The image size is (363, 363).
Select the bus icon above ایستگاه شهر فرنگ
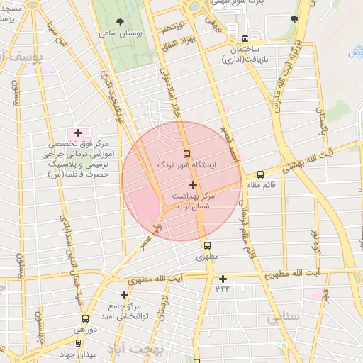click(187, 154)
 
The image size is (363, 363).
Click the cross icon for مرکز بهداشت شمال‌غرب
click(193, 185)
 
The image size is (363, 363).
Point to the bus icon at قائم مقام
click(260, 174)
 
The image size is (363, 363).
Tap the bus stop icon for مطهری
click(206, 245)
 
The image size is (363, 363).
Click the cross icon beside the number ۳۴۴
click(223, 279)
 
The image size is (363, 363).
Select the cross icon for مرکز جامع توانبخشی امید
click(124, 295)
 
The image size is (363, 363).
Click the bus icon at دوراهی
click(86, 319)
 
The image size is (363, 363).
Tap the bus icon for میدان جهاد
click(78, 342)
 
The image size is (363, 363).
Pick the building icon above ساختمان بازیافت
click(245, 38)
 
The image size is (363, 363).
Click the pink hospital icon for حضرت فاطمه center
click(78, 133)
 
